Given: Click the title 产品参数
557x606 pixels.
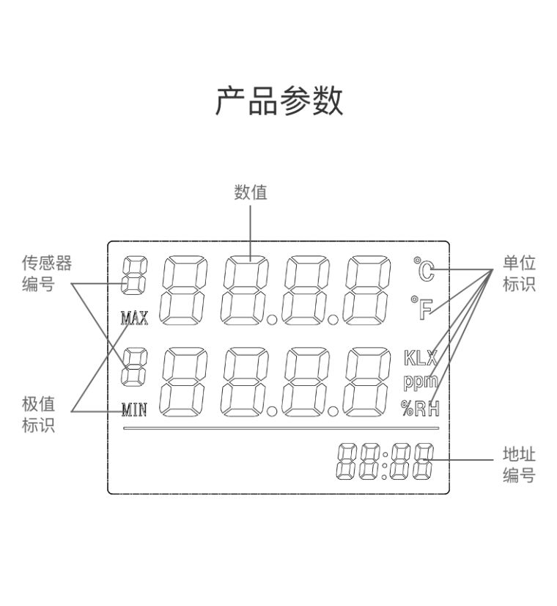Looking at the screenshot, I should tap(278, 101).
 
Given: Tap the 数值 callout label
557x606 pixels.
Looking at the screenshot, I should tap(251, 192).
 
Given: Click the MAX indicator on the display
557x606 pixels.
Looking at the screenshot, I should tap(134, 318).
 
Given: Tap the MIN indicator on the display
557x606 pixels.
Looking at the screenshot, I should tap(134, 409).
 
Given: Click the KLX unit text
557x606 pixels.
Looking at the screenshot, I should tap(420, 359).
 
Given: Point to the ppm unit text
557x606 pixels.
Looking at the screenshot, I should tap(420, 382).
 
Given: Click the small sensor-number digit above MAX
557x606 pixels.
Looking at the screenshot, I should tap(133, 280).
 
